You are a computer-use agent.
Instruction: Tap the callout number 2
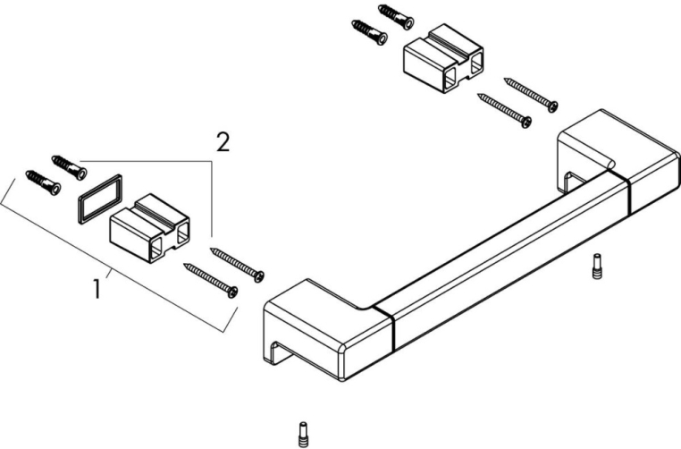click(223, 141)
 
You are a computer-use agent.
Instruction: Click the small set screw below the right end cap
click(597, 267)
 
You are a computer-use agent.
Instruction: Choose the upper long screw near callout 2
click(238, 262)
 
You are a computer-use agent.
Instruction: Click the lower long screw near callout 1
click(211, 278)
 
